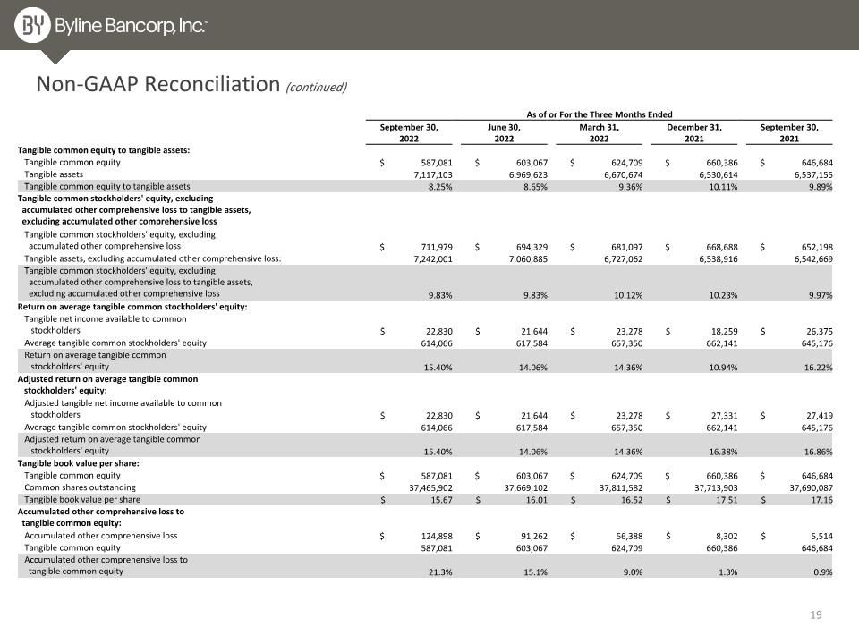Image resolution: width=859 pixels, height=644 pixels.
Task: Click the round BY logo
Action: click(x=32, y=25)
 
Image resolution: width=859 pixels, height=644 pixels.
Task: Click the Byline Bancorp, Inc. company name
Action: click(x=131, y=26)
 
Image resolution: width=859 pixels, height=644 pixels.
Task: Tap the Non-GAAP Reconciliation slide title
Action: click(x=158, y=84)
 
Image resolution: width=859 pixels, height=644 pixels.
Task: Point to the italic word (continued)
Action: click(x=316, y=87)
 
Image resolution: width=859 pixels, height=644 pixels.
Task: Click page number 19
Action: click(x=816, y=615)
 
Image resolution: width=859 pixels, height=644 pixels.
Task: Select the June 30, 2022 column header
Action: click(x=504, y=133)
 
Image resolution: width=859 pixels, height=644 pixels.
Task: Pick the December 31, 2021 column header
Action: click(x=694, y=133)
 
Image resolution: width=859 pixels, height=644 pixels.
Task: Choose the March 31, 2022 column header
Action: click(x=599, y=133)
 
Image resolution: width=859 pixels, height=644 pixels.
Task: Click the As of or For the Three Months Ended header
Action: click(x=600, y=114)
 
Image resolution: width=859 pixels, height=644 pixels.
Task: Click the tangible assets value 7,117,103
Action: click(x=433, y=174)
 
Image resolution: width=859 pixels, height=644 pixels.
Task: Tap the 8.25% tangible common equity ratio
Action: click(x=440, y=187)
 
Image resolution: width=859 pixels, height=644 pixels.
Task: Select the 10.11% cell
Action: click(x=723, y=187)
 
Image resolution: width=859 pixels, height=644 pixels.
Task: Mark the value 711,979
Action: click(x=437, y=247)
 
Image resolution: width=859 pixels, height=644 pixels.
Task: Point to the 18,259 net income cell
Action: click(x=722, y=331)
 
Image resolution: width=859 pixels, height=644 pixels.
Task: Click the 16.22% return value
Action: click(x=819, y=368)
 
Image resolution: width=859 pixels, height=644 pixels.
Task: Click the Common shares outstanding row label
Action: click(x=80, y=487)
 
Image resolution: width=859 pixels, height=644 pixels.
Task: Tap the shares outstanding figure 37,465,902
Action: click(x=430, y=488)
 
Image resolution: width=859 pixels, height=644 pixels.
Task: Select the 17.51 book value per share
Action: click(x=727, y=500)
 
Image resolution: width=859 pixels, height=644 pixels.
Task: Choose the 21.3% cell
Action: click(x=440, y=572)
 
